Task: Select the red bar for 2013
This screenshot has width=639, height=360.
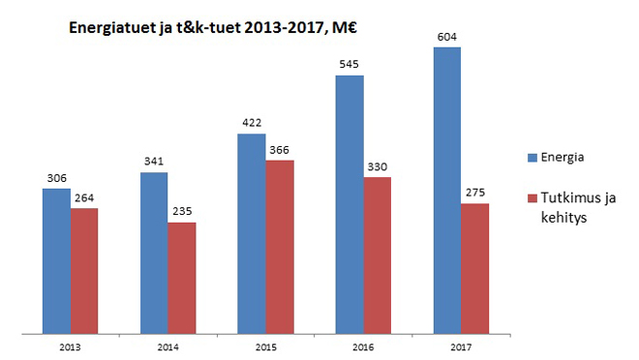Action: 84,272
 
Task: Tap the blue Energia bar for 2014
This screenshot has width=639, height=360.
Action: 154,254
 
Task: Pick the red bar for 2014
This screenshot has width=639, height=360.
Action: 182,279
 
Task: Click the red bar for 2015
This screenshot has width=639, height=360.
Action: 280,248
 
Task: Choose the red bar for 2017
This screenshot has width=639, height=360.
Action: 475,269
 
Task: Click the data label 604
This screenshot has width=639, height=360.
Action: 447,38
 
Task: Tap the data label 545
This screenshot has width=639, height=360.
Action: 350,66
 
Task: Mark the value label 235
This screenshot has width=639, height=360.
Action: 182,213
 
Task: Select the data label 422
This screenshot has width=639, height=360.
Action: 252,123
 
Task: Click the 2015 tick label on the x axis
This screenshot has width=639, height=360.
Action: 265,345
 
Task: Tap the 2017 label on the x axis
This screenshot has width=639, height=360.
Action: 461,345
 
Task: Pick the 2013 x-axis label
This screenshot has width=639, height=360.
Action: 70,345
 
